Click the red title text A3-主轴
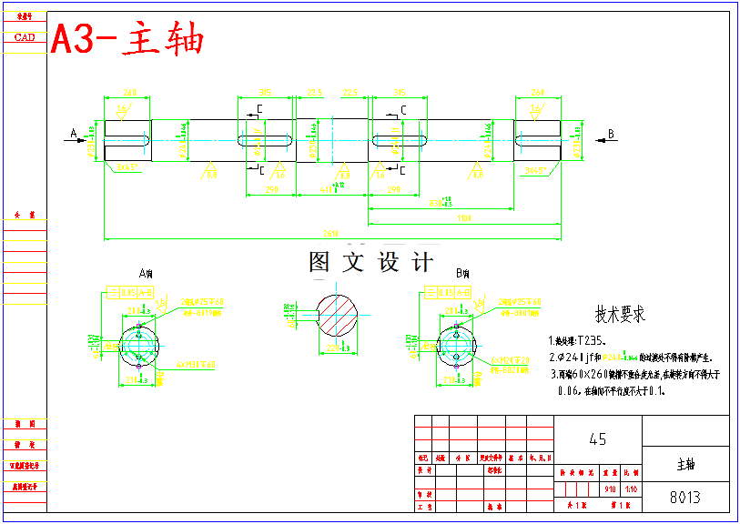point(127,40)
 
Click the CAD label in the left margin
point(25,37)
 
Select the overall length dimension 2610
point(332,233)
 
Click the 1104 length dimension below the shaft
point(463,217)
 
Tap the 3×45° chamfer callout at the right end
point(536,170)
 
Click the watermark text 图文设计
point(370,263)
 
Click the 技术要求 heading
point(620,315)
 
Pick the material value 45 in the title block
point(597,439)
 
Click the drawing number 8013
point(684,498)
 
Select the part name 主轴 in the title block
point(685,464)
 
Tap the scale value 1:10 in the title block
point(631,489)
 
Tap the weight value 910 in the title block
point(609,489)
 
